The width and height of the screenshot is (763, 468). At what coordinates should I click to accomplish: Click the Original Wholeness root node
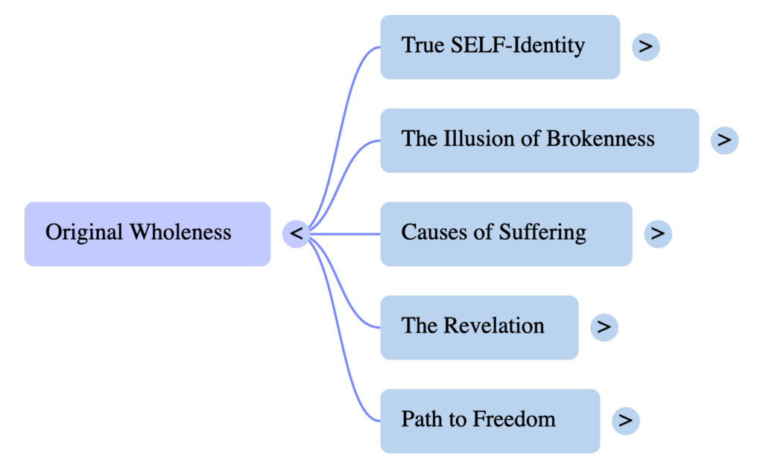[x=147, y=233]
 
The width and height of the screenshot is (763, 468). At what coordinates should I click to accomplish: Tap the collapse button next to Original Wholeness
[x=296, y=233]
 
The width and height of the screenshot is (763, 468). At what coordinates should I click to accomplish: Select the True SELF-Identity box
[x=499, y=46]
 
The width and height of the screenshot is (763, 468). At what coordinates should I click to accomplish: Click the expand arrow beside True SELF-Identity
[x=645, y=46]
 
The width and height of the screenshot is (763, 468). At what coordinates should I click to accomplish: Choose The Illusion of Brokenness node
[x=539, y=140]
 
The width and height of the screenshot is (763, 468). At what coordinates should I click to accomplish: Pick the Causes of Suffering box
[x=505, y=233]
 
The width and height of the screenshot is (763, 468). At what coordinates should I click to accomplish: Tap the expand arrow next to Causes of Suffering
[x=657, y=233]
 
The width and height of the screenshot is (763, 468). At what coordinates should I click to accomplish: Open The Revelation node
[x=478, y=327]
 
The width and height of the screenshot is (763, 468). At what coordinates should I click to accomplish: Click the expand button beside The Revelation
[x=604, y=327]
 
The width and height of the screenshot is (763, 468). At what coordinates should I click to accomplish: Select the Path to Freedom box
[x=490, y=420]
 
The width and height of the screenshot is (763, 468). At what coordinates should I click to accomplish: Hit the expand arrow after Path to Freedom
[x=625, y=420]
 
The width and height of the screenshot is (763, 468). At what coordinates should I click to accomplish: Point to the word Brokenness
[x=601, y=139]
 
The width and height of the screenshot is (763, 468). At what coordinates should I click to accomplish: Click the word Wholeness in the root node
[x=180, y=233]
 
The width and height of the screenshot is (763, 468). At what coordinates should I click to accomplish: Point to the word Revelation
[x=494, y=326]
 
